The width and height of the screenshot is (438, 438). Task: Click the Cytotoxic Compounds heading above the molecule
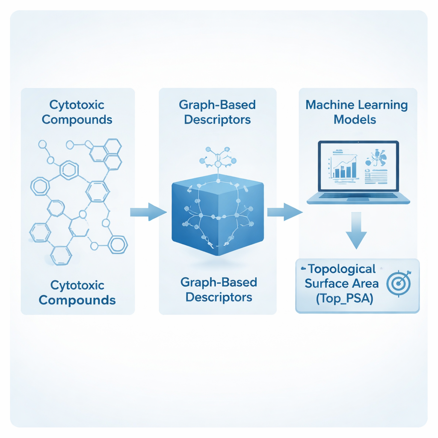pos(77,112)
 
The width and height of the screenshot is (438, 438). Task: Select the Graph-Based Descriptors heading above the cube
pos(217,112)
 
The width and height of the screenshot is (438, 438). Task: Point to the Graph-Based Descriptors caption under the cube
pos(218,289)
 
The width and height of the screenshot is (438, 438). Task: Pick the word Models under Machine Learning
pos(355,119)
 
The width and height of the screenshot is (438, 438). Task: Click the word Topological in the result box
pos(341,269)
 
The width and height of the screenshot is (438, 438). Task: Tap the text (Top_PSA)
pos(344,299)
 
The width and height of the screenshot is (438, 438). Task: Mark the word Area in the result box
pos(364,284)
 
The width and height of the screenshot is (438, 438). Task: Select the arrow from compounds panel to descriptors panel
pos(148,212)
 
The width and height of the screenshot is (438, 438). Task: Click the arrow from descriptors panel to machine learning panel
pos(284,212)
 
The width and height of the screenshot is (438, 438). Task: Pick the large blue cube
pos(217,216)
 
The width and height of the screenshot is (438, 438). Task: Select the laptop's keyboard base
pos(358,198)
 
